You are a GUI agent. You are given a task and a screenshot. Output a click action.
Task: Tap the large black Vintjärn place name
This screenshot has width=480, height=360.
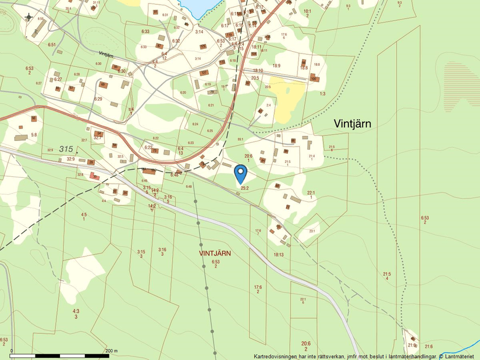click(353, 123)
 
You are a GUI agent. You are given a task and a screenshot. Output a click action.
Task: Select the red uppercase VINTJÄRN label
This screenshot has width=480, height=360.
click(215, 254)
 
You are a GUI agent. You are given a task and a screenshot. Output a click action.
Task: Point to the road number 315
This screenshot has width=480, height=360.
click(67, 149)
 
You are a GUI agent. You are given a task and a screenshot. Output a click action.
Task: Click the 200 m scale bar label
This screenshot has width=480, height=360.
click(111, 351)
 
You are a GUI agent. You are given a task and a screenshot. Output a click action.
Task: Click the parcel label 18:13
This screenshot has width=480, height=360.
click(278, 255)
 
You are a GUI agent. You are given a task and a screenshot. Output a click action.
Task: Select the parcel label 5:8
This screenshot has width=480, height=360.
click(34, 135)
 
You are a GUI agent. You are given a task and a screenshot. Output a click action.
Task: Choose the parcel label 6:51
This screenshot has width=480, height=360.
click(52, 44)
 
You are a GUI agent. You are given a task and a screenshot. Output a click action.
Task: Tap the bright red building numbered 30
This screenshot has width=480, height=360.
click(96, 177)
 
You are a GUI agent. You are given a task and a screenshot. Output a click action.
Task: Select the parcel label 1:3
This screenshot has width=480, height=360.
click(322, 93)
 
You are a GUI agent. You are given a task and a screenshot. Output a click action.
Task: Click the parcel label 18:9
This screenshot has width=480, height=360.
click(276, 66)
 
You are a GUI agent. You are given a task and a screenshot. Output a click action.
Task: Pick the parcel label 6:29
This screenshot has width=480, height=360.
click(98, 99)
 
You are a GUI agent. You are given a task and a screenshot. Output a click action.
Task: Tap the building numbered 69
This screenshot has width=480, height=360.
click(103, 85)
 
